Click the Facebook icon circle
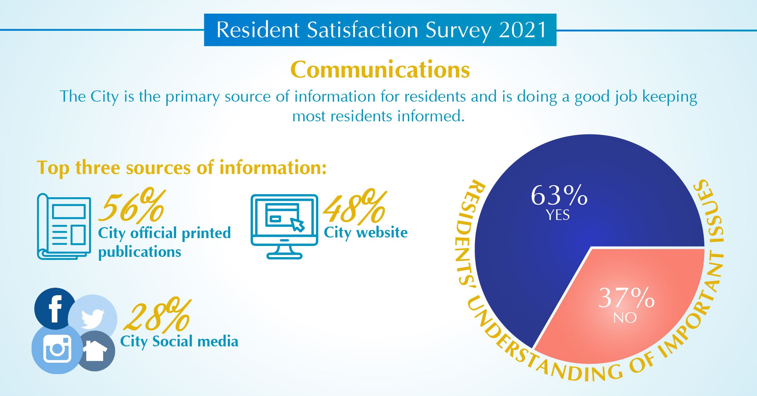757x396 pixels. (54, 308)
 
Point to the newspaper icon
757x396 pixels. (64, 226)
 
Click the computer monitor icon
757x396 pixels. (285, 227)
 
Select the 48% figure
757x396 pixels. (354, 207)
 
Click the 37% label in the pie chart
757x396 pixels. (626, 298)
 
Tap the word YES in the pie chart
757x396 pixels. (558, 215)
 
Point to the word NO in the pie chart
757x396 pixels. (625, 318)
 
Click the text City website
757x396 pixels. (366, 233)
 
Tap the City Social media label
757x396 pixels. (179, 342)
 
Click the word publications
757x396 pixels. (140, 252)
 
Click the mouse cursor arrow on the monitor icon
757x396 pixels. (298, 225)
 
